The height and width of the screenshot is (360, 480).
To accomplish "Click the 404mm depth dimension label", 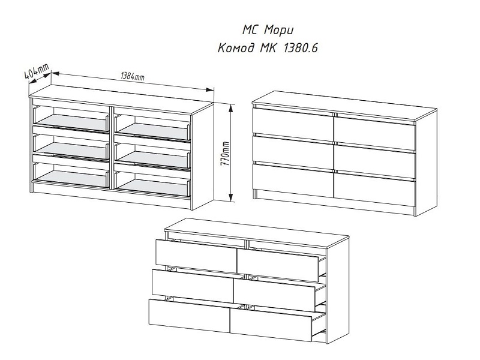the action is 37,72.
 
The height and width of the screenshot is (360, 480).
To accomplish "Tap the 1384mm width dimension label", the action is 132,77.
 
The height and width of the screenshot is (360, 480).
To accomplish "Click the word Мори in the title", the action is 278,31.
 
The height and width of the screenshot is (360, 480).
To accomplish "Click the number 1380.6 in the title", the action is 301,49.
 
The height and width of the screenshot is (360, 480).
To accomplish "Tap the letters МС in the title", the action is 251,31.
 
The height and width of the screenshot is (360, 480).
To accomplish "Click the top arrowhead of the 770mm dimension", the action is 232,108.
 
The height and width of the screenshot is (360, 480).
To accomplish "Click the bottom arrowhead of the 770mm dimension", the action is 232,197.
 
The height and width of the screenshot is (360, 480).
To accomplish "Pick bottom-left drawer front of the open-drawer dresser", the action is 189,316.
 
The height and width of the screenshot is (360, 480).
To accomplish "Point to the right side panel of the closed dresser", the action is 427,163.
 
